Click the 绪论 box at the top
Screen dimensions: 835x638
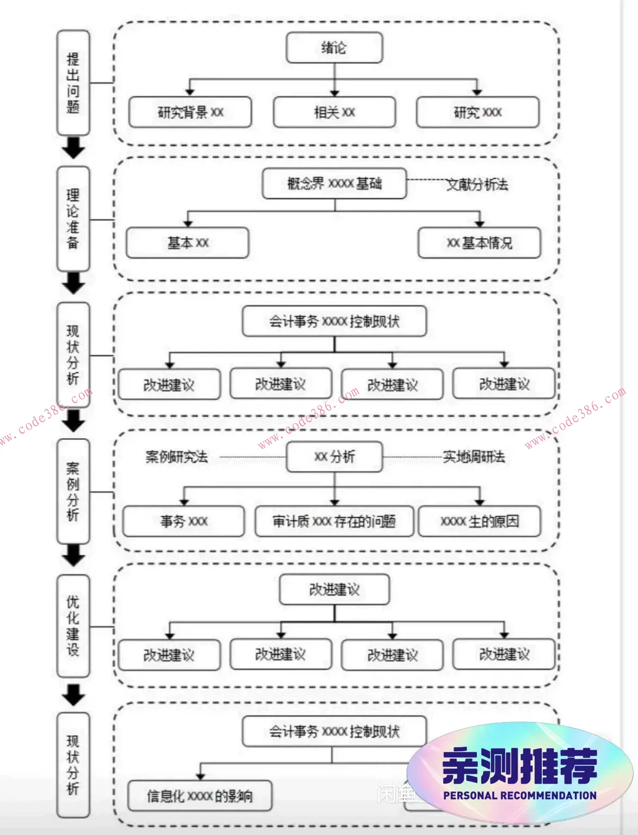pyautogui.click(x=334, y=48)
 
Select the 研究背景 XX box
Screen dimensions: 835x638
pyautogui.click(x=190, y=112)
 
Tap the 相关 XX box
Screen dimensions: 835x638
pyautogui.click(x=334, y=112)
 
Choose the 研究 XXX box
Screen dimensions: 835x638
pyautogui.click(x=477, y=112)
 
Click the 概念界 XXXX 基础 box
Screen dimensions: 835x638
pyautogui.click(x=334, y=184)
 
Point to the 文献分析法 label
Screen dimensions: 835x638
pyautogui.click(x=477, y=185)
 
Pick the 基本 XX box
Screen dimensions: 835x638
pyautogui.click(x=187, y=243)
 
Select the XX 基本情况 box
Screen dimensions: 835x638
pyautogui.click(x=479, y=243)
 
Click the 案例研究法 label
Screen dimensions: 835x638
pyautogui.click(x=176, y=457)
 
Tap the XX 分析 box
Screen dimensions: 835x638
pyautogui.click(x=334, y=457)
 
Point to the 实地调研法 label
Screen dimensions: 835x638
pyautogui.click(x=474, y=457)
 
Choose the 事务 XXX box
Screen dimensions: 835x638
pyautogui.click(x=183, y=522)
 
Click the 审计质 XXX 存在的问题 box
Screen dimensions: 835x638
pyautogui.click(x=334, y=522)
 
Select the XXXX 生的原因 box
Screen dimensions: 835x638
pyautogui.click(x=479, y=522)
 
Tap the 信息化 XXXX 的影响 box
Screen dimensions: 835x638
pyautogui.click(x=200, y=796)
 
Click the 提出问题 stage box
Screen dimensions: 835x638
pyautogui.click(x=73, y=83)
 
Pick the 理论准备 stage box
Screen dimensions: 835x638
pyautogui.click(x=73, y=219)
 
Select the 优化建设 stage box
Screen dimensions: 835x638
pyautogui.click(x=73, y=626)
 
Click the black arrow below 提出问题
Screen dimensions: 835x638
pyautogui.click(x=73, y=148)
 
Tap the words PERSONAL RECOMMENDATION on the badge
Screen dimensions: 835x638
pyautogui.click(x=519, y=795)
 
